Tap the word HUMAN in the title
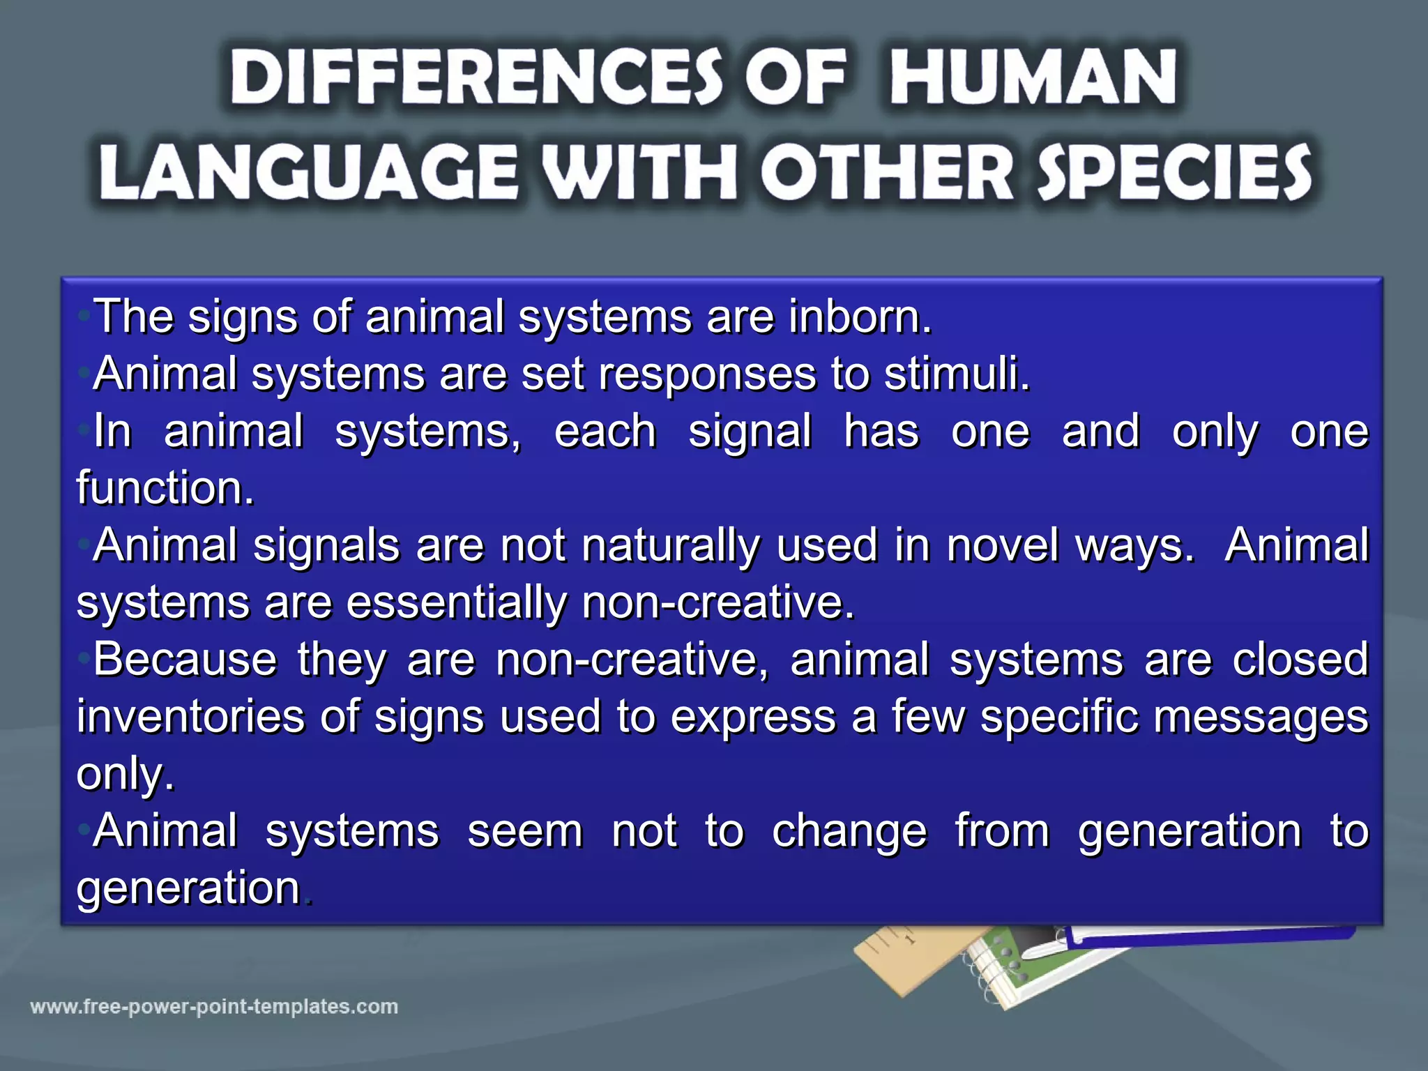(x=1033, y=78)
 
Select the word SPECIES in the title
(x=1174, y=173)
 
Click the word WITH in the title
(x=639, y=173)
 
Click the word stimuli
(x=956, y=374)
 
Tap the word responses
(x=707, y=375)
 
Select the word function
(x=165, y=488)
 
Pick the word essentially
(x=457, y=602)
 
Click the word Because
(x=185, y=660)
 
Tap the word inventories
(x=190, y=717)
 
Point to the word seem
(x=525, y=832)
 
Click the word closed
(x=1300, y=660)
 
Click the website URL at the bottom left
(x=214, y=1007)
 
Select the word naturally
(x=670, y=547)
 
